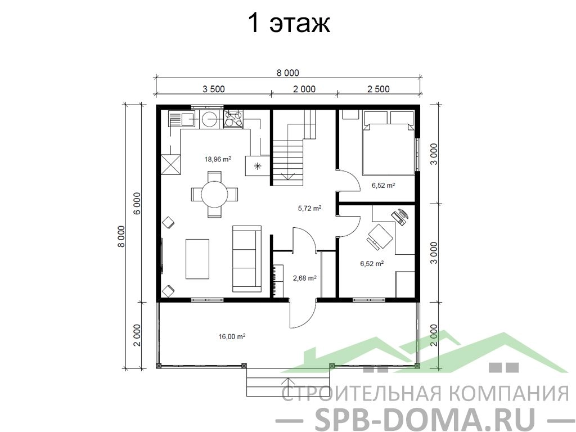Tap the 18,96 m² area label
point(218,159)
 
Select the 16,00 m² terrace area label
point(232,336)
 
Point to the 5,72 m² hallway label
point(310,208)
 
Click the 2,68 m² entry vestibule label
point(304,278)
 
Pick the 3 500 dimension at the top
point(213,89)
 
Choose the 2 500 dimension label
point(379,89)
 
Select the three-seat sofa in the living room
point(247,259)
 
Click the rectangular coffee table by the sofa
point(197,259)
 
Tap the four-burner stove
point(233,119)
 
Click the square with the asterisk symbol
point(258,166)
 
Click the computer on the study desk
point(400,216)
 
